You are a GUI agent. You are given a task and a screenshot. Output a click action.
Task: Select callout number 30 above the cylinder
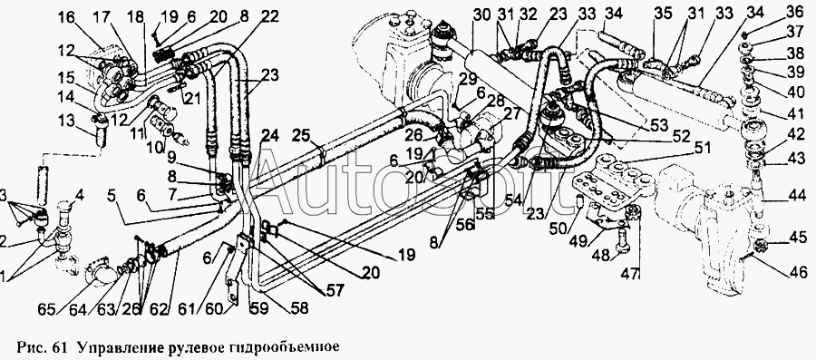pyautogui.click(x=482, y=15)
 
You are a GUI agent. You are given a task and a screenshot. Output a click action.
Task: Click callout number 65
pyautogui.click(x=47, y=308)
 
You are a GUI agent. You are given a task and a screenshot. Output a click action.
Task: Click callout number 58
pyautogui.click(x=298, y=308)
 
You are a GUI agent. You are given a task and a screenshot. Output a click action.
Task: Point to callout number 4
pyautogui.click(x=79, y=197)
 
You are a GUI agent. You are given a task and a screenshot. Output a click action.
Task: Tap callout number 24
pyautogui.click(x=270, y=136)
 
